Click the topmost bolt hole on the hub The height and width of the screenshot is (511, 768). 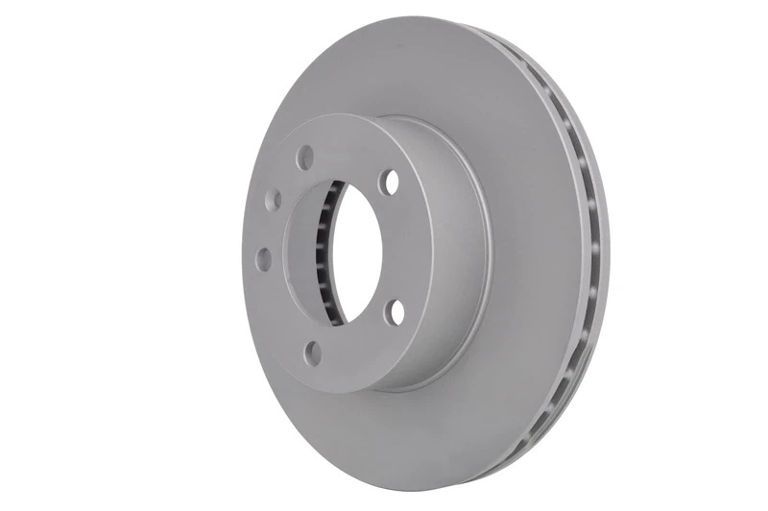[x=305, y=156]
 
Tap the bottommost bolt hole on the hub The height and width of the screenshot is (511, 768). [x=312, y=353]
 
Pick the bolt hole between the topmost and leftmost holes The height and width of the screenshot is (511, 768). [x=274, y=200]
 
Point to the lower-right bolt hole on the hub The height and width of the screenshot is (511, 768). [x=396, y=312]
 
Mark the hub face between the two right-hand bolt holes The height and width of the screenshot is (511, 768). [x=408, y=248]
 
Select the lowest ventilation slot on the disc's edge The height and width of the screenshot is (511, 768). [x=524, y=442]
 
